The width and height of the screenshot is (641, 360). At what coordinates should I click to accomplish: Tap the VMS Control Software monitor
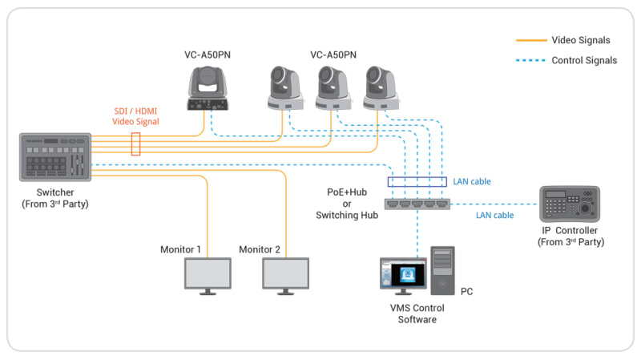[x=405, y=274]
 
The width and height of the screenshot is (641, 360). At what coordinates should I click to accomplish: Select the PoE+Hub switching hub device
[x=417, y=205]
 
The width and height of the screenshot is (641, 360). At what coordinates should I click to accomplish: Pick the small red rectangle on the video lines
[x=135, y=144]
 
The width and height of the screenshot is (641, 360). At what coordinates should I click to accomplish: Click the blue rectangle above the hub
[x=417, y=182]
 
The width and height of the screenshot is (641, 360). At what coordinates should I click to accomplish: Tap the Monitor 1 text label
[x=180, y=250]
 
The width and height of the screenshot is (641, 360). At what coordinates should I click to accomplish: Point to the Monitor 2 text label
[x=260, y=250]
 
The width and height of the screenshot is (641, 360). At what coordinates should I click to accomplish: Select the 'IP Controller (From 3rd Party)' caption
[x=570, y=236]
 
